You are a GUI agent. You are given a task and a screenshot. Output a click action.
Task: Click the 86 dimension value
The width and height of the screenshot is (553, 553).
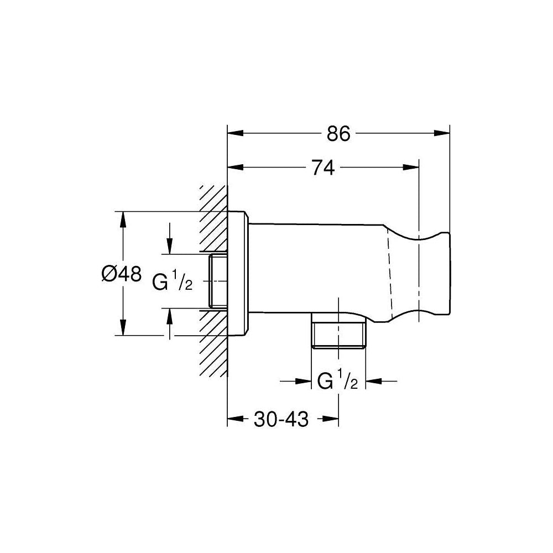(338, 133)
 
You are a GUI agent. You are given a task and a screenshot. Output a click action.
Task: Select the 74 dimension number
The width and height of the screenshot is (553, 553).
(323, 168)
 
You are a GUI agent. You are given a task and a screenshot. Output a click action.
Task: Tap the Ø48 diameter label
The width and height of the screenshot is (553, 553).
(121, 273)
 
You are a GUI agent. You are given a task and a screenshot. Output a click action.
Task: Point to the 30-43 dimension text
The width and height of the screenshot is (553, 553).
(281, 419)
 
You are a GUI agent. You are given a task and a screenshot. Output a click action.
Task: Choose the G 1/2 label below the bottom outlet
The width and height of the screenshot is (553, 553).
(337, 380)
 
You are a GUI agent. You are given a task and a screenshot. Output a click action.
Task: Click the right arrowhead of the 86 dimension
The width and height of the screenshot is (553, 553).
(442, 133)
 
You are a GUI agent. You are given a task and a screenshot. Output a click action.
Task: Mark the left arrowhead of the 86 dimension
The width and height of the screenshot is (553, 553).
(235, 133)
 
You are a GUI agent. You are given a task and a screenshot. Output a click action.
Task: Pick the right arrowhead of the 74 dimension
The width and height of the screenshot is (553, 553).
(411, 167)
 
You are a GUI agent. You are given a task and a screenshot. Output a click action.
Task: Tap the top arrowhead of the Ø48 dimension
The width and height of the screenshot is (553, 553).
(123, 220)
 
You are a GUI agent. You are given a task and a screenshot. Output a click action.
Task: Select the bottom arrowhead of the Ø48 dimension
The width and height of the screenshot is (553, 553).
(123, 327)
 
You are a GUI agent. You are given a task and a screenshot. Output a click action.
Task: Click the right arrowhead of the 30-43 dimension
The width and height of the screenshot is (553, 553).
(331, 419)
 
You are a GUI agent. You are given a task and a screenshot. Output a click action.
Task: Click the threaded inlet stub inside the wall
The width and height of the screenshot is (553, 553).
(217, 281)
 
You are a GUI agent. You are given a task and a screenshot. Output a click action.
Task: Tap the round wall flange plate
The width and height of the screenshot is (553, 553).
(238, 273)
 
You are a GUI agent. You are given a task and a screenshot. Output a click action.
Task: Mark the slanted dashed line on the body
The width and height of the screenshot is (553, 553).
(390, 273)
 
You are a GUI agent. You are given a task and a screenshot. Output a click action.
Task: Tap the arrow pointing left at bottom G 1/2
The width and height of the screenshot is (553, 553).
(373, 381)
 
